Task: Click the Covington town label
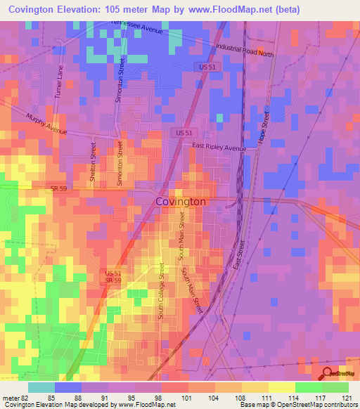tap(180, 202)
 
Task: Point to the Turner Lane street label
tap(60, 82)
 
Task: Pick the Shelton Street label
tap(92, 164)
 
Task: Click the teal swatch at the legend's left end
tap(41, 387)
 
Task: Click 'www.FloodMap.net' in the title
tap(227, 10)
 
